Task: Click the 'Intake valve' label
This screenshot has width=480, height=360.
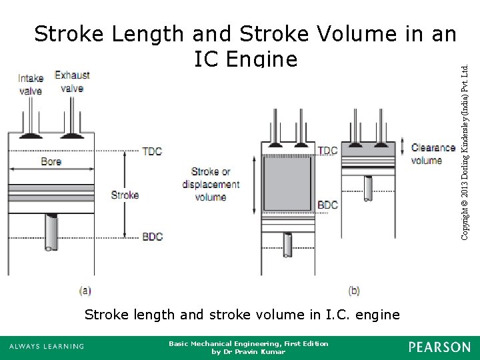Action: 30,85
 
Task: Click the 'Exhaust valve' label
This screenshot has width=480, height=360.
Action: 72,81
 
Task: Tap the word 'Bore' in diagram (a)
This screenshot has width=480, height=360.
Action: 51,161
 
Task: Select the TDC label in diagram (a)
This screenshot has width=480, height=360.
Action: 152,151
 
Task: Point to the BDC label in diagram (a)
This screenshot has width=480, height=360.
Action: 152,237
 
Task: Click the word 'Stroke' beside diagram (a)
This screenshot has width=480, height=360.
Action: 125,195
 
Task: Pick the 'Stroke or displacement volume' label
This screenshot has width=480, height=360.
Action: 211,184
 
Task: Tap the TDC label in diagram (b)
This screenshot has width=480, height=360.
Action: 327,151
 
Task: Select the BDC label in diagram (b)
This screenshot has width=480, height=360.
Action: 327,205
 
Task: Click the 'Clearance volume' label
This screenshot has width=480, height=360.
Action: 433,154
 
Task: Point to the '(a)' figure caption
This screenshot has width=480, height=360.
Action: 85,290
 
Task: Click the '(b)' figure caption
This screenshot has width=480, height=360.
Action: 354,290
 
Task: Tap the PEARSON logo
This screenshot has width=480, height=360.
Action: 439,347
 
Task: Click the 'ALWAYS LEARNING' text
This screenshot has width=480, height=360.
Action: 47,347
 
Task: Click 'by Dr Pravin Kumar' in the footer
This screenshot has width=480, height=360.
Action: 248,351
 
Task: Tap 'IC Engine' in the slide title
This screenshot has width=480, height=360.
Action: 245,59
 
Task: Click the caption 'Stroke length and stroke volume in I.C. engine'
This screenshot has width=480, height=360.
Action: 242,314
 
